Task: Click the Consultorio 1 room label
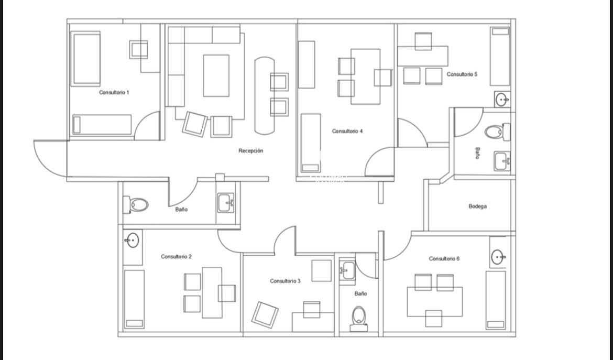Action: tap(114, 93)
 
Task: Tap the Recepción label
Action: tap(250, 151)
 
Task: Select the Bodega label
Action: tap(477, 206)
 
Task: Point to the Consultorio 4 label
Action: tap(347, 132)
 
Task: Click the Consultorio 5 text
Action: tap(462, 74)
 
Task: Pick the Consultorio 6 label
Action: tap(444, 259)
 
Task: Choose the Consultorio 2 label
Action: tap(176, 257)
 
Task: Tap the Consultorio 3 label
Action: tap(285, 281)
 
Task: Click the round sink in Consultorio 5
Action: tap(502, 100)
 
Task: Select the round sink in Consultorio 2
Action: tap(132, 240)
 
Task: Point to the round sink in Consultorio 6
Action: tap(498, 257)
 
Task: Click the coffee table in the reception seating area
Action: tap(216, 76)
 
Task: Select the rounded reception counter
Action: tap(264, 96)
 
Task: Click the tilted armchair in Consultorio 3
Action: tap(265, 314)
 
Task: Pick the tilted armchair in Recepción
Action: tap(195, 124)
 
